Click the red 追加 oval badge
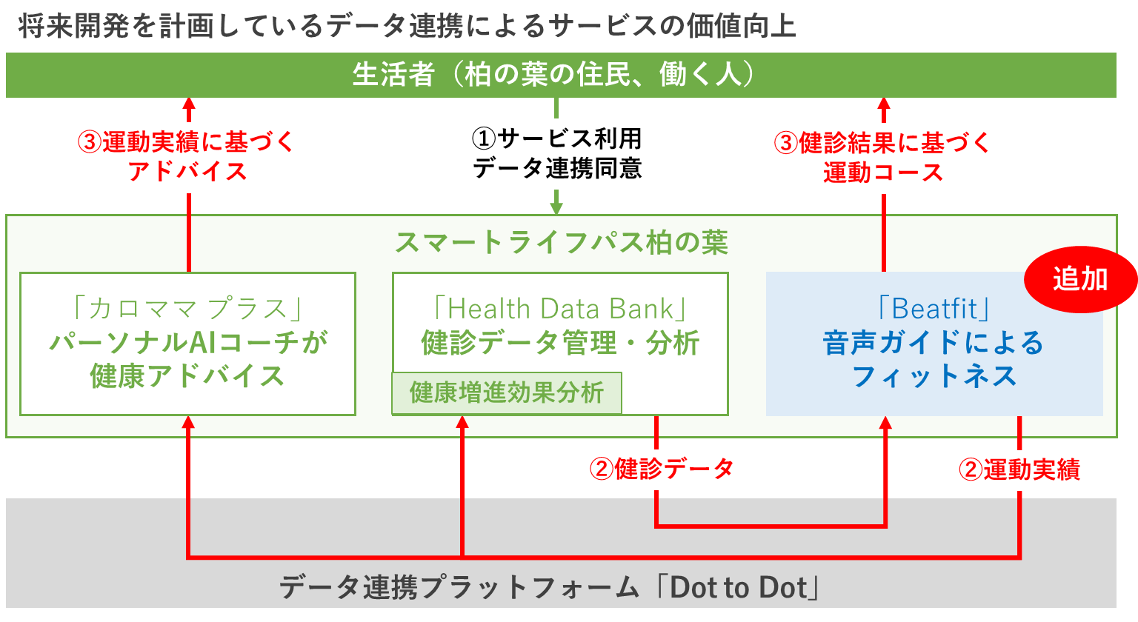[x=1080, y=279]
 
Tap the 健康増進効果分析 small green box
[x=507, y=392]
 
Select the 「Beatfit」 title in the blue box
[x=934, y=308]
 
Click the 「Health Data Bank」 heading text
[x=560, y=308]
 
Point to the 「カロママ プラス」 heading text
[x=187, y=308]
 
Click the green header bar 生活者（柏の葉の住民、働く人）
[x=561, y=75]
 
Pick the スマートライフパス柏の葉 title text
[x=561, y=243]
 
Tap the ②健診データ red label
[x=662, y=469]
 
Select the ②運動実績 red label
[x=1019, y=469]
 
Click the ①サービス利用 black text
[x=556, y=138]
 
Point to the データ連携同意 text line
[x=557, y=169]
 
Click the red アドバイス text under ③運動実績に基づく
[x=187, y=171]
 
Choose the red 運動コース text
[x=883, y=173]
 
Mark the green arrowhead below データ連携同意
[x=556, y=208]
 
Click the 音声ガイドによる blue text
[x=934, y=343]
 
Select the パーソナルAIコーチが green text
[x=188, y=343]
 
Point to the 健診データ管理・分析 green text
[x=560, y=343]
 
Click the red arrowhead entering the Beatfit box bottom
[x=885, y=424]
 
